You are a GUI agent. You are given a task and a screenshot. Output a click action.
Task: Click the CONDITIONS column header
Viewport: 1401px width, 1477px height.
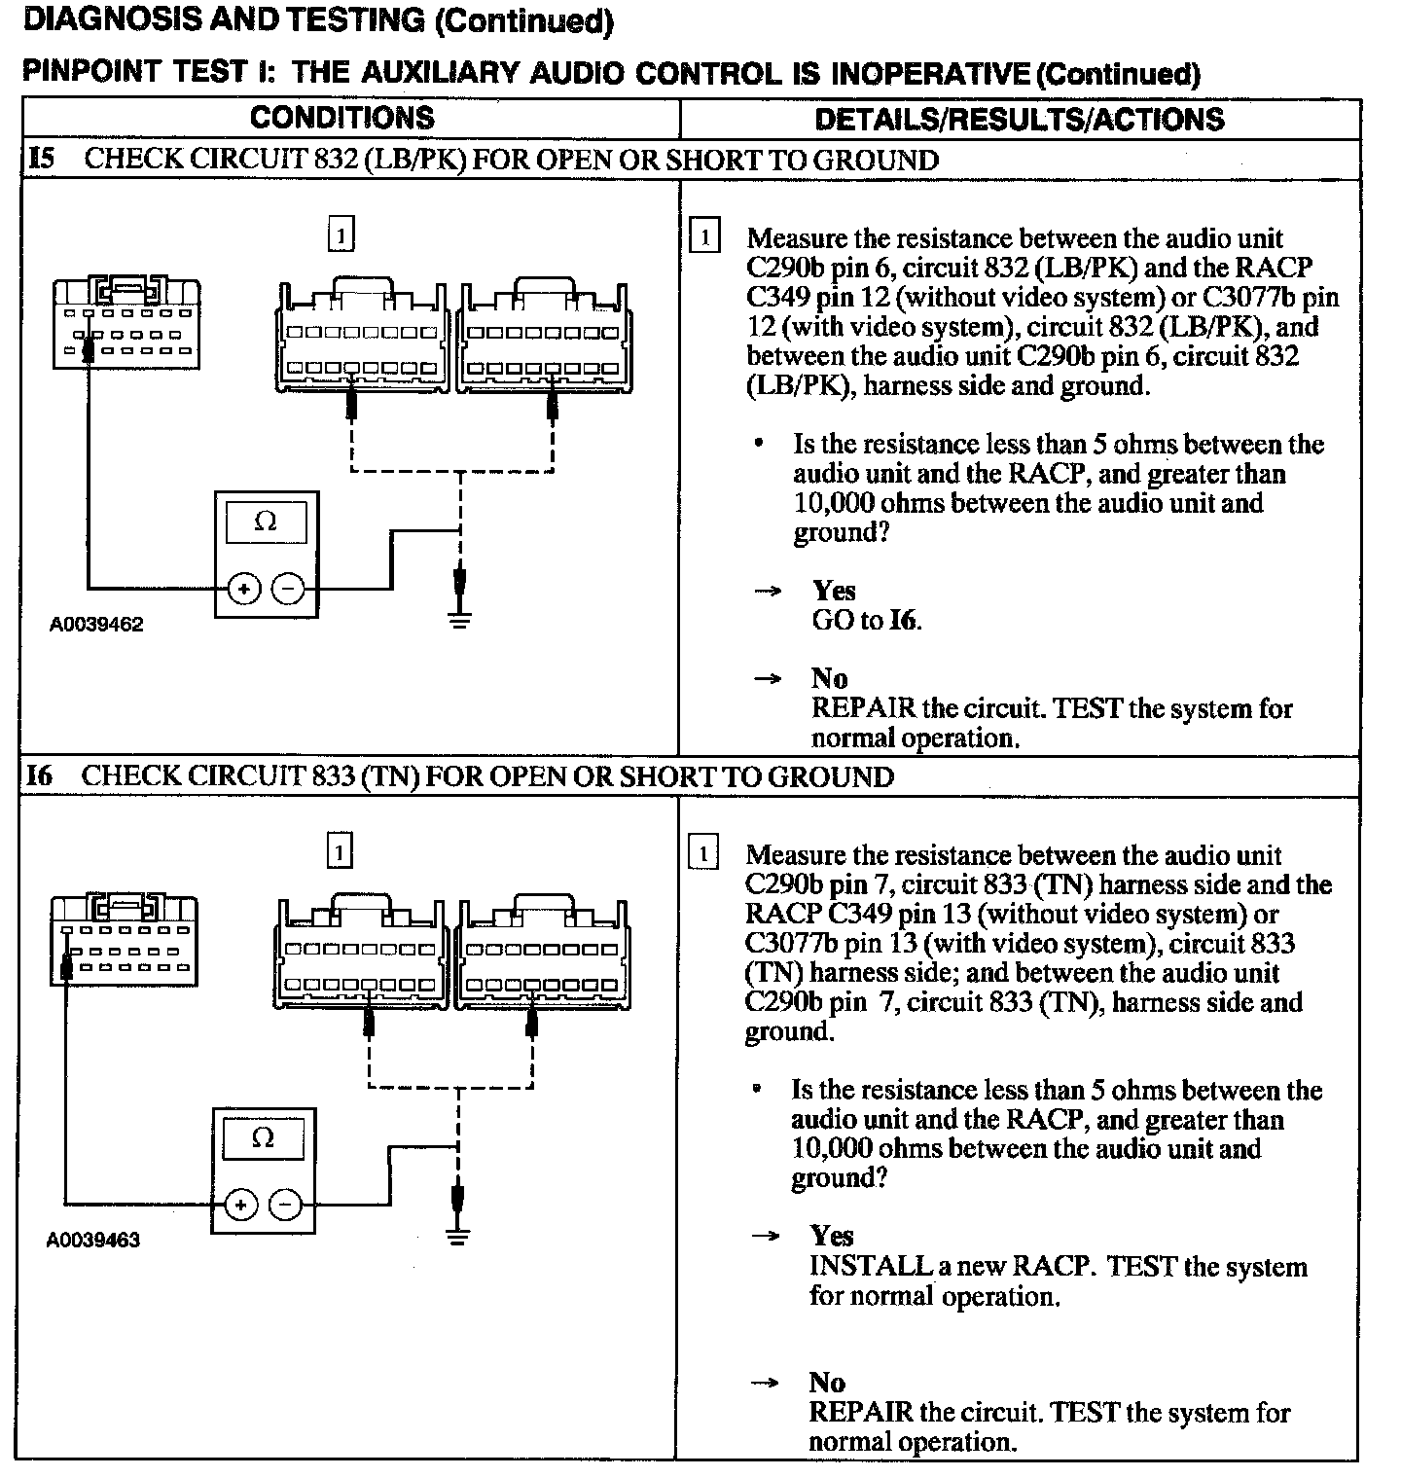341,118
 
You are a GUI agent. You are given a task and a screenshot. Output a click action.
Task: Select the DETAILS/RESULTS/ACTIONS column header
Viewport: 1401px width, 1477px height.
1019,120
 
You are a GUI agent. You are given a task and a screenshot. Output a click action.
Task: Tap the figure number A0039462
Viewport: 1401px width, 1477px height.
96,625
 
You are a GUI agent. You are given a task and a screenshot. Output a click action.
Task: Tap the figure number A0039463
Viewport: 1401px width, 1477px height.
93,1241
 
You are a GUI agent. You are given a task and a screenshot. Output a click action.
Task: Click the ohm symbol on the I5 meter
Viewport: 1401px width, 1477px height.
265,522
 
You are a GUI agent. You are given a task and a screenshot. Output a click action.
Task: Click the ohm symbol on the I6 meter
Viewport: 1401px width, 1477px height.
263,1137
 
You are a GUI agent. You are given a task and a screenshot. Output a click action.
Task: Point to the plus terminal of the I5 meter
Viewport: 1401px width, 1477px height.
243,589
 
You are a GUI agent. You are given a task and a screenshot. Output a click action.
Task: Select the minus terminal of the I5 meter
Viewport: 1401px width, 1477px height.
288,589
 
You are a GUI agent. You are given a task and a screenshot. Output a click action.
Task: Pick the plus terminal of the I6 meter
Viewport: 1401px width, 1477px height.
240,1206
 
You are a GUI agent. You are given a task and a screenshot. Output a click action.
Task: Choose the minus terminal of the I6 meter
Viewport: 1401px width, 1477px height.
285,1206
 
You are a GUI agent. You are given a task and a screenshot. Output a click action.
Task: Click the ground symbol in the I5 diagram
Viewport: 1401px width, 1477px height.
460,620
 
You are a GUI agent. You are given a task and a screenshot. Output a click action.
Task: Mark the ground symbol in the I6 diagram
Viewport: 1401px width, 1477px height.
458,1237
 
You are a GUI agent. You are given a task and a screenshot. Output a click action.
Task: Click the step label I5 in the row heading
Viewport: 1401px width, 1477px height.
42,160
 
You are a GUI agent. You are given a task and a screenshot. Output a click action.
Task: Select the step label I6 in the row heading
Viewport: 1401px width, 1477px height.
40,776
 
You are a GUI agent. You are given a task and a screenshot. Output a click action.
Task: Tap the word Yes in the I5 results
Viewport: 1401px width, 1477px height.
834,591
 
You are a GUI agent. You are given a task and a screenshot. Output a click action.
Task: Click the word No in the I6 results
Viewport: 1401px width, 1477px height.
827,1383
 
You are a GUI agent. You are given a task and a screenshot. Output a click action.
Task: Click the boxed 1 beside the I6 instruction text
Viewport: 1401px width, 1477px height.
703,854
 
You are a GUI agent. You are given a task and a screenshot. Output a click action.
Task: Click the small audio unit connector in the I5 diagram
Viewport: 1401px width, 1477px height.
126,324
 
